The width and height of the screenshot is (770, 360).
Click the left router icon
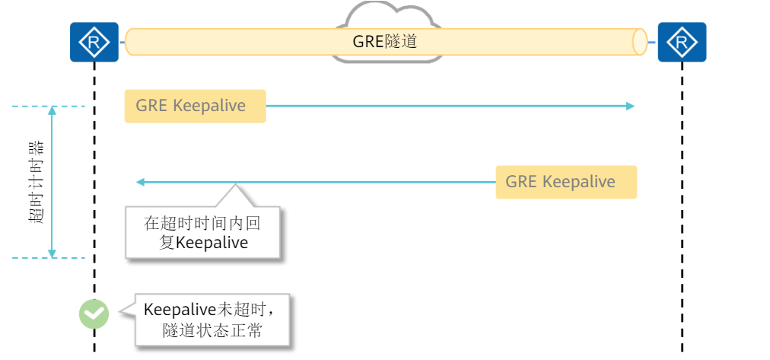click(94, 42)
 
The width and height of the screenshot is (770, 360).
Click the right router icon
click(682, 42)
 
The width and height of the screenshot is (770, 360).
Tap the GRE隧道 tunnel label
click(385, 42)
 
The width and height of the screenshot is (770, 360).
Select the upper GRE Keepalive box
click(195, 106)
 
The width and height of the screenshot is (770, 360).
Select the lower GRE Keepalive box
click(565, 182)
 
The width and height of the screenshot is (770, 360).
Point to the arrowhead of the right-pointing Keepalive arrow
click(630, 106)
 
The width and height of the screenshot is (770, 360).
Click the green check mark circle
click(94, 313)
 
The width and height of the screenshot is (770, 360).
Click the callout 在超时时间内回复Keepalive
click(203, 232)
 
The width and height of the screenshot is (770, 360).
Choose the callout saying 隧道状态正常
click(213, 320)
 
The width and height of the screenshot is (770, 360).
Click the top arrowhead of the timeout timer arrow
click(52, 110)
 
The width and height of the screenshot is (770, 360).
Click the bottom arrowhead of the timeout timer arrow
click(52, 253)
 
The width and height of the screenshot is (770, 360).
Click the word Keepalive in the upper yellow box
click(209, 106)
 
